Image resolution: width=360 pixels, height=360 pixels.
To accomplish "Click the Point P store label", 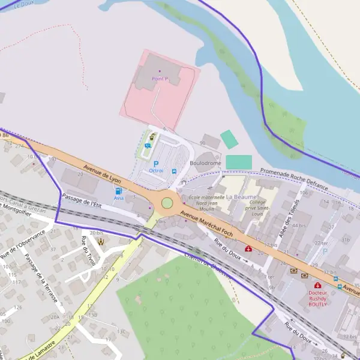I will point(160,79).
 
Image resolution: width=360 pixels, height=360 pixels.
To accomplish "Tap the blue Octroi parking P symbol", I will point(156,163).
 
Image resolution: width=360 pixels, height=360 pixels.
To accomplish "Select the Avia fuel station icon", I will point(118,191).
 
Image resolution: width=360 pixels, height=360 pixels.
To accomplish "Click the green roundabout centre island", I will point(167,203).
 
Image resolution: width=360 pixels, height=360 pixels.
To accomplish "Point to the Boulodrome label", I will point(205,163).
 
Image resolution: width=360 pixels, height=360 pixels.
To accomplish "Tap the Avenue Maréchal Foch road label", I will point(206,222).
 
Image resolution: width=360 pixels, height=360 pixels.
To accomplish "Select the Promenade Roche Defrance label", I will point(294,179).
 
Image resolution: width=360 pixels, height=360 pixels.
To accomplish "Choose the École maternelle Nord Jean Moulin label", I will point(206,202).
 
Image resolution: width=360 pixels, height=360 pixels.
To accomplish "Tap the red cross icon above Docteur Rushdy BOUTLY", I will point(317,286).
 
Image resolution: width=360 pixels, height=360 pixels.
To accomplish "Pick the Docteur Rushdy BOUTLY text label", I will point(317,300).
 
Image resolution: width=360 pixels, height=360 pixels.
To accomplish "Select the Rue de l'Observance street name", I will point(23,245).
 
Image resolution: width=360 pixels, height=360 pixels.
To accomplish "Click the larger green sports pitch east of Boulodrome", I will point(238,162).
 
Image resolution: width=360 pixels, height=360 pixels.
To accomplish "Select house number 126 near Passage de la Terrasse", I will point(19,307).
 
